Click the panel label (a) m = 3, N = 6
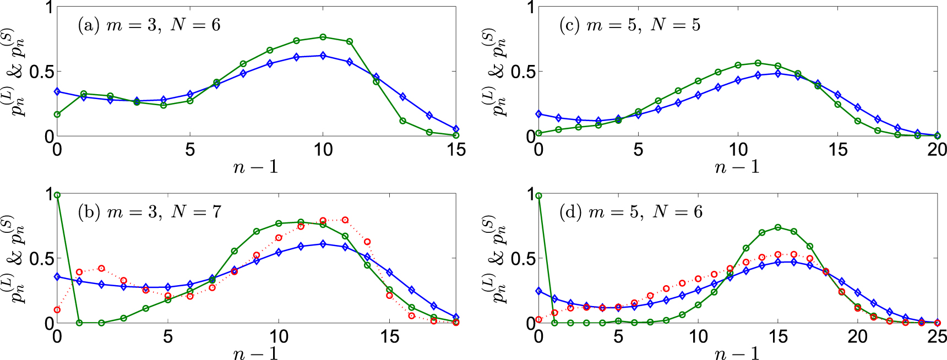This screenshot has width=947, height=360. [149, 25]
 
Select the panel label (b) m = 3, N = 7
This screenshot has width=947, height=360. [149, 212]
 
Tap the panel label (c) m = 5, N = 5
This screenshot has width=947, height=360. [629, 25]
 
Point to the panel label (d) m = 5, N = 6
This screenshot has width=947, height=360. [630, 212]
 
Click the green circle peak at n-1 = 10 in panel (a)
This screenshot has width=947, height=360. [323, 37]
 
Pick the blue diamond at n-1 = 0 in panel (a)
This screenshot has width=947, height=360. [57, 91]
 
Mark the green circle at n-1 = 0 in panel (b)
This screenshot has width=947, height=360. [57, 195]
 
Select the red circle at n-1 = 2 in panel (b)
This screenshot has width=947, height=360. [101, 268]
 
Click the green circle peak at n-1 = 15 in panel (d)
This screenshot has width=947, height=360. [778, 227]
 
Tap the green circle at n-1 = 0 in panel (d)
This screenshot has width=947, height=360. [538, 195]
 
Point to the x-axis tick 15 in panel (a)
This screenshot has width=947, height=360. [456, 149]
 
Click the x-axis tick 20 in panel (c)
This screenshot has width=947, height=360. [937, 149]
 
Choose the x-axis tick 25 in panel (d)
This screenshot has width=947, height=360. [937, 336]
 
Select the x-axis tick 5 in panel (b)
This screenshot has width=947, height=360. [168, 336]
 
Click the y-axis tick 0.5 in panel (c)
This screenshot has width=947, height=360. [523, 72]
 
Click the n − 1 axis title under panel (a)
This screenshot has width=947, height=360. [256, 167]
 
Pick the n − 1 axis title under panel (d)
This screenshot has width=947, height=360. [738, 353]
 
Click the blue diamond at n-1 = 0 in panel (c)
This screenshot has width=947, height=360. [538, 114]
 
